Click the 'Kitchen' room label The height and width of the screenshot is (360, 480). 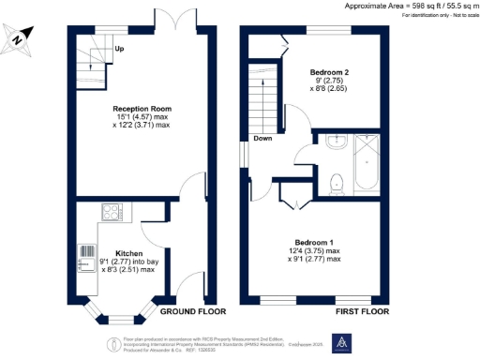[x=127, y=253]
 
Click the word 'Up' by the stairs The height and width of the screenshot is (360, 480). [x=119, y=49]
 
